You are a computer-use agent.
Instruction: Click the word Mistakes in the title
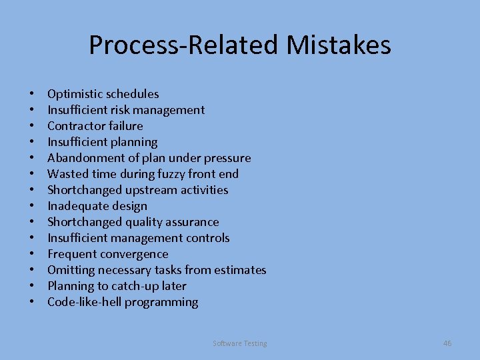339,45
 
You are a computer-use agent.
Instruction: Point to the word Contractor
75,126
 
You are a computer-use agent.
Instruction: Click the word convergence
135,254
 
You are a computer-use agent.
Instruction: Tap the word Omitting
71,270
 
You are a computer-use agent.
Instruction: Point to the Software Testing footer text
240,343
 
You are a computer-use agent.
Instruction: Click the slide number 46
447,343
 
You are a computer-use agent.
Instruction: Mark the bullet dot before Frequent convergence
32,254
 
